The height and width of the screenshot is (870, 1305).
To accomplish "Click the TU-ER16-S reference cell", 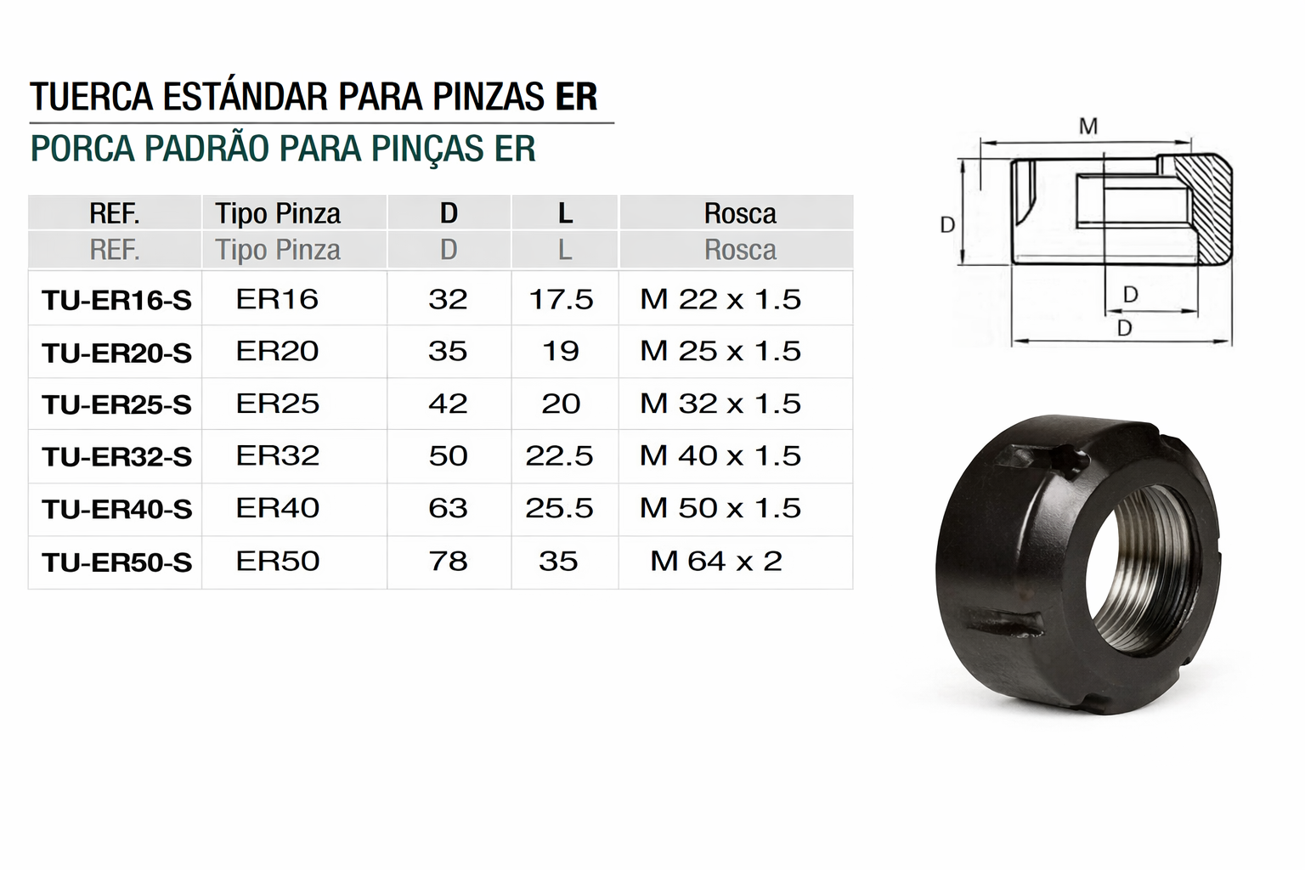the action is [x=116, y=301].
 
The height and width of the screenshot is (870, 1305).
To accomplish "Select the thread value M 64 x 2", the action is [x=716, y=561].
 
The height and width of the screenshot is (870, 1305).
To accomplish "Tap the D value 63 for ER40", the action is [x=448, y=508].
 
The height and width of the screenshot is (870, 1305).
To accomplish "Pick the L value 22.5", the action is [x=559, y=455].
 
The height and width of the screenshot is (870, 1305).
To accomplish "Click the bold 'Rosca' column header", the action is [x=740, y=213].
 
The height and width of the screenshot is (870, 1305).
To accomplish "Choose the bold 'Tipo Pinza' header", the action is [x=278, y=213].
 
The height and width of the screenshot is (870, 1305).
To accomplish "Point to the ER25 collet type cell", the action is [x=278, y=404].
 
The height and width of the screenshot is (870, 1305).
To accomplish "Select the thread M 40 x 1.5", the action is [x=720, y=455].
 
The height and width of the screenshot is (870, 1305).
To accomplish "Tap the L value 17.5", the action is [x=561, y=300].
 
